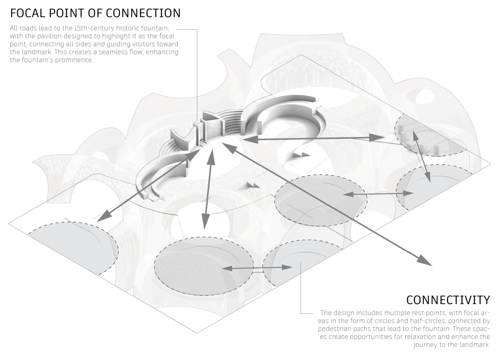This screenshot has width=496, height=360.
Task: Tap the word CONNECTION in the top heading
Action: (143, 13)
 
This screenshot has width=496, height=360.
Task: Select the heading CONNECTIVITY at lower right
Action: (448, 300)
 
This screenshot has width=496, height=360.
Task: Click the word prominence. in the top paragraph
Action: (74, 60)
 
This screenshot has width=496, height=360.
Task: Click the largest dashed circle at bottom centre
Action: (204, 266)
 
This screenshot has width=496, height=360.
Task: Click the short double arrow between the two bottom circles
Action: (257, 268)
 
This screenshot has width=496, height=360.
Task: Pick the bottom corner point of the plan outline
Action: (197, 333)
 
